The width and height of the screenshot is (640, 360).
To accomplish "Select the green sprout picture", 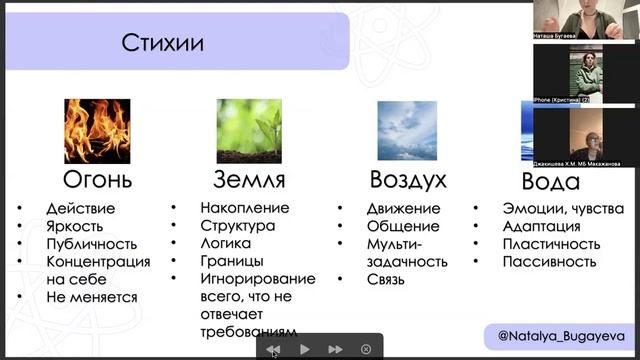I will tap(248, 130).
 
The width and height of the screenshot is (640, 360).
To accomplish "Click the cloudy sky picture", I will tap(407, 130).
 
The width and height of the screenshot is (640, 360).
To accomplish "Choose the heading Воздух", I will tap(407, 181).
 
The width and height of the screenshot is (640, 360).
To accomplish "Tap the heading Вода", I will tap(550, 182).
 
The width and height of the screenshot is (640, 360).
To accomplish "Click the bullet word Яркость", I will tap(74, 226).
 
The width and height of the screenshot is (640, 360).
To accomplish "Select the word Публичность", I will tap(91, 244).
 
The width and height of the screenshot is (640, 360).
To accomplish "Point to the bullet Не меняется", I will tap(91, 297).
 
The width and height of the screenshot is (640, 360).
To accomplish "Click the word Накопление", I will tap(244, 208).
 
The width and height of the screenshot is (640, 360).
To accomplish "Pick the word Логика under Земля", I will tap(227, 243).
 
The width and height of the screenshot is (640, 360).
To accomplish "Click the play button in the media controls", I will tap(305, 348).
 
